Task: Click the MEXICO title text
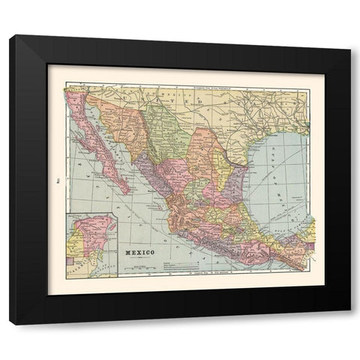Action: (x=139, y=253)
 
